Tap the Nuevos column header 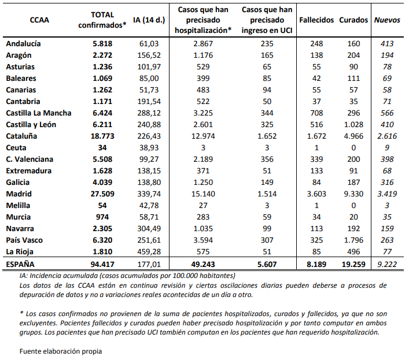pyautogui.click(x=387, y=20)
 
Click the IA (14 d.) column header pyautogui.click(x=148, y=20)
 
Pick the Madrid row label pyautogui.click(x=19, y=194)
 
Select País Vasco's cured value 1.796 pyautogui.click(x=353, y=240)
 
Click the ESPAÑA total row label pyautogui.click(x=21, y=264)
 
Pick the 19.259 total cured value pyautogui.click(x=353, y=264)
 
